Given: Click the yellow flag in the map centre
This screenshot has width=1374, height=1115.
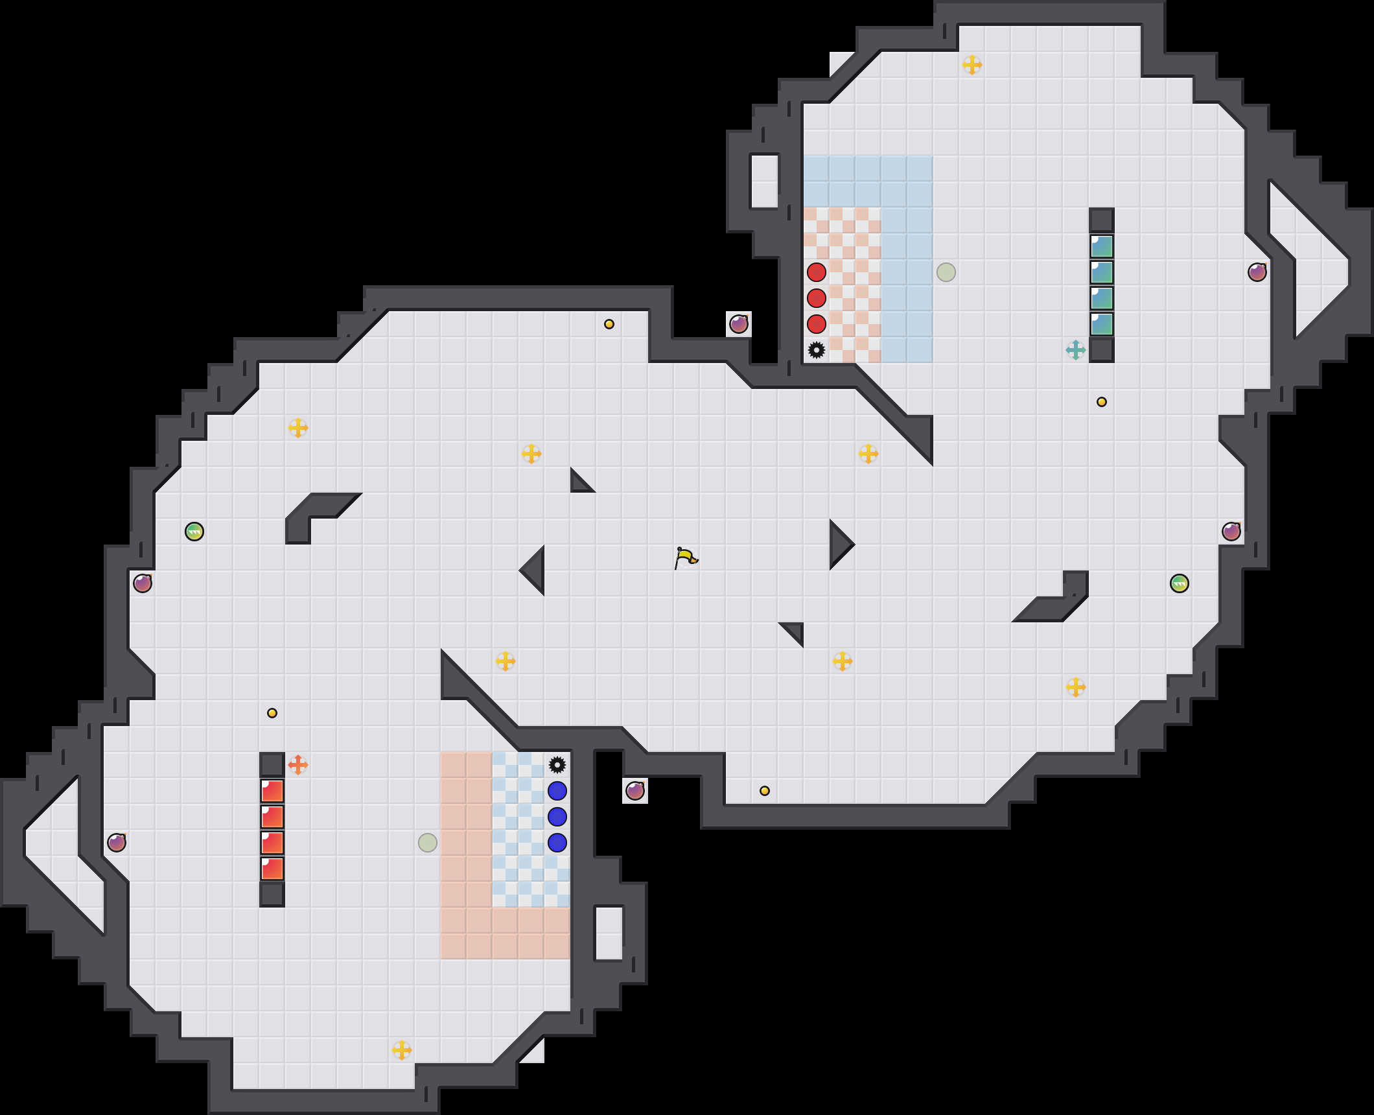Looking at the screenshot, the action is tap(686, 557).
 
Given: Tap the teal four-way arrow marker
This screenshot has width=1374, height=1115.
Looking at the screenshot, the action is tap(1076, 350).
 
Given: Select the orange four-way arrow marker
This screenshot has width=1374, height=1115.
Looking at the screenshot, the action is tap(298, 765).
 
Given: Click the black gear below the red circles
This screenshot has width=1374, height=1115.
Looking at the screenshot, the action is tap(817, 350).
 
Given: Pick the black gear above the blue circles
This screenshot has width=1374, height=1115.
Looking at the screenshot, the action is tap(557, 765).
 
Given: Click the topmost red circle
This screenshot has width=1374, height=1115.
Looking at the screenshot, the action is tap(817, 272).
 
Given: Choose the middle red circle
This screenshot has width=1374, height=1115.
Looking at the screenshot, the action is tap(817, 298).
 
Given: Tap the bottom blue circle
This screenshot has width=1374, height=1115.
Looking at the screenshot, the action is tap(557, 843).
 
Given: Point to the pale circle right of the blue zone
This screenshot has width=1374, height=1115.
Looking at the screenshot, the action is tap(946, 272).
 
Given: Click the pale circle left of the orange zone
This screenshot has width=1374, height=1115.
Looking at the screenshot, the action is tap(428, 843).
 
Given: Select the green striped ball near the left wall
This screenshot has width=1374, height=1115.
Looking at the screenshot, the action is tap(194, 532).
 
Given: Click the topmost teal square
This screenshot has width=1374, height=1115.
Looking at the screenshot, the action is tap(1102, 246).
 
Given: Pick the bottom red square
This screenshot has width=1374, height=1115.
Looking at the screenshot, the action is tap(272, 869).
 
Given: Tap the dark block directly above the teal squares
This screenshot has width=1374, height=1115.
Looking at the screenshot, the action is tap(1102, 220).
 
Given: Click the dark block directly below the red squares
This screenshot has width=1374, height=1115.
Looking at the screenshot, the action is tap(272, 895).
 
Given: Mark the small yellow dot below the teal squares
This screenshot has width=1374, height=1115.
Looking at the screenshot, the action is tap(1102, 402).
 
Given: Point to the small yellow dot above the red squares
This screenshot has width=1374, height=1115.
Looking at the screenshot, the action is tap(272, 713).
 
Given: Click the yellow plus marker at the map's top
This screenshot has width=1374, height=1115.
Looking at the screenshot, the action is tap(972, 65).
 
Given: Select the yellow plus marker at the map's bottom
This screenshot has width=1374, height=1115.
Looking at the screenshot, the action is tap(402, 1050).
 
